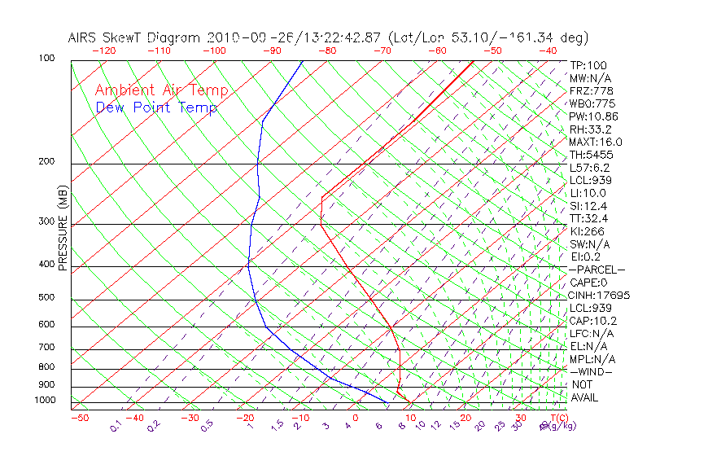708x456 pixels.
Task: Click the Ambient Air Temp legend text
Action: click(155, 90)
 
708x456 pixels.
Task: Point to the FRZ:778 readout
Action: click(592, 90)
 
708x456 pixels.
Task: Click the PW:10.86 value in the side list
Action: click(594, 116)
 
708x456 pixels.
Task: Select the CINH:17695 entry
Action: click(600, 295)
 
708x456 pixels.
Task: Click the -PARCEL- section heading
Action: click(597, 270)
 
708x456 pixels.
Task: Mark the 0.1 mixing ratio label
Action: click(116, 427)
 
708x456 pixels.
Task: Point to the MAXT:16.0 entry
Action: click(597, 142)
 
